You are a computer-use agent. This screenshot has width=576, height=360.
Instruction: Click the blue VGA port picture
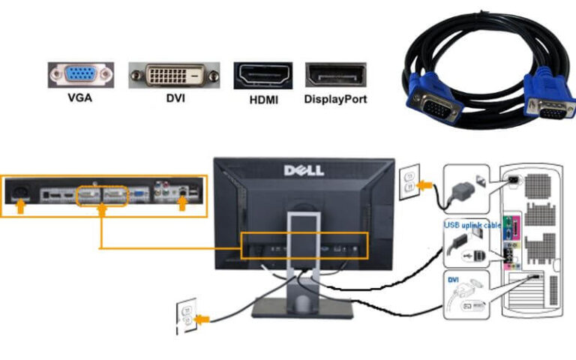point(81,75)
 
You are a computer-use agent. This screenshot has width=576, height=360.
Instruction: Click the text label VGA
point(81,98)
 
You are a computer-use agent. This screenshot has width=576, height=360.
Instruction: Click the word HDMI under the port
point(262,99)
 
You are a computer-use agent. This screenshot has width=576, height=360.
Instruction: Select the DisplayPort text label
point(335,99)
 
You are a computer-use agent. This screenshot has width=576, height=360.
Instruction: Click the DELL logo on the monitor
point(304,170)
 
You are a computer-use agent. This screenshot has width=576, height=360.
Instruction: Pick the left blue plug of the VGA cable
point(428,94)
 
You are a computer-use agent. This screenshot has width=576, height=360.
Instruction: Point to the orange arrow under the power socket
point(22,205)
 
